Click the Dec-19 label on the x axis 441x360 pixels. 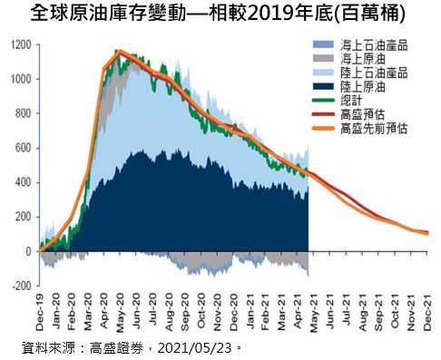coord(40,311)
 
